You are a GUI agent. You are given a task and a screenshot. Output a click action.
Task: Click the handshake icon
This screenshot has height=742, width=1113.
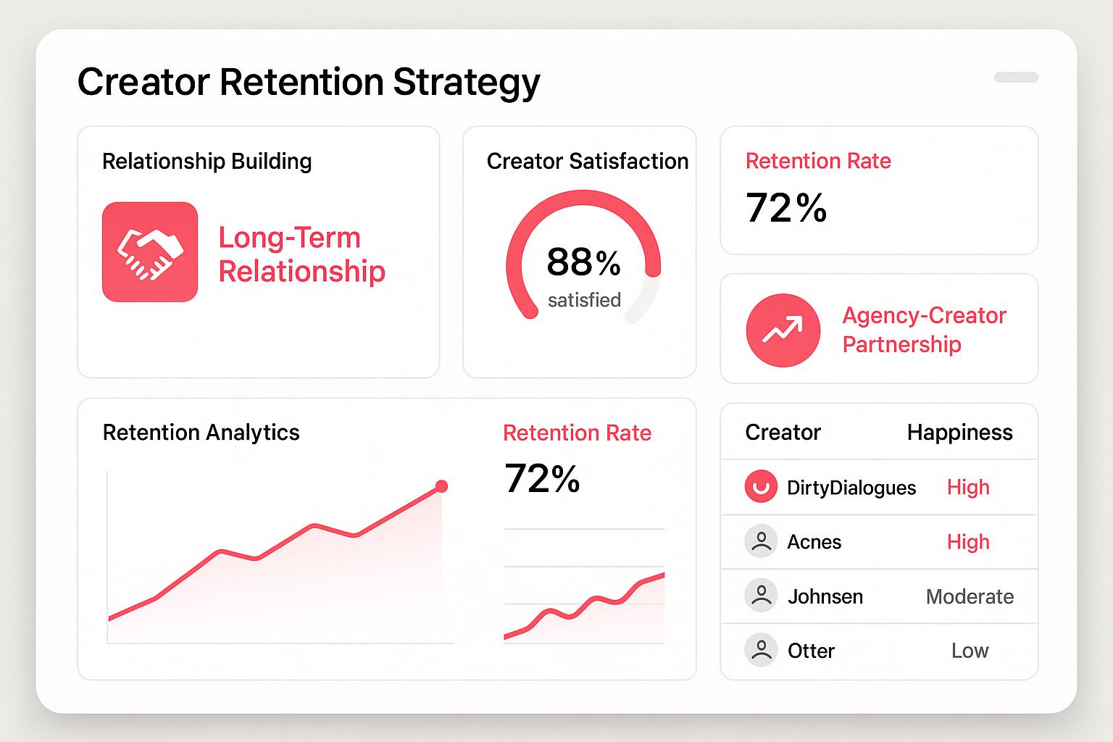(150, 252)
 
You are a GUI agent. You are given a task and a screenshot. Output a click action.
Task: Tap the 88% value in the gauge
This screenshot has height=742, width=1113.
(583, 262)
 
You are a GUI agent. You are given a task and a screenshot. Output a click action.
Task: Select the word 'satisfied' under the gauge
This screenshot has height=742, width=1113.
(584, 300)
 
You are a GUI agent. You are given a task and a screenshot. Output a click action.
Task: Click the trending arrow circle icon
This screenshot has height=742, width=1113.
(783, 330)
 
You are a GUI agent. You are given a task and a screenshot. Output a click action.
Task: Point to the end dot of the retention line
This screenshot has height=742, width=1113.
(441, 486)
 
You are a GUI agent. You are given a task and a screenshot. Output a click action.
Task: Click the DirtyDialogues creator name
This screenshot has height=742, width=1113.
(851, 488)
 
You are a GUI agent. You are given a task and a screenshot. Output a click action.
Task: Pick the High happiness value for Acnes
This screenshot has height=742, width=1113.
(968, 542)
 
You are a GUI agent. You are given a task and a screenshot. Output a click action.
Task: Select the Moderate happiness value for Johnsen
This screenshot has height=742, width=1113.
(970, 596)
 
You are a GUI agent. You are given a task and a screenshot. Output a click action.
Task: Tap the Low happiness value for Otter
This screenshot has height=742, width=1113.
(970, 651)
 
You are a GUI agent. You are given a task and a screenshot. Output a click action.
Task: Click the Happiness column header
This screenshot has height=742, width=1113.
(959, 433)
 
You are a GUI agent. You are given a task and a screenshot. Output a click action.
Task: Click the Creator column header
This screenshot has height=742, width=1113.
(783, 433)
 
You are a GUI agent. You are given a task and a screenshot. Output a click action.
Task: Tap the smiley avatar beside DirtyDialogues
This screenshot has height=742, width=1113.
(761, 486)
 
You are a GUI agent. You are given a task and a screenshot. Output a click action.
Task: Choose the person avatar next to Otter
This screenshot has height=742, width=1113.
(761, 649)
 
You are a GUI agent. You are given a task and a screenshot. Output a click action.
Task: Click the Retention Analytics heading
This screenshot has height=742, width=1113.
(201, 433)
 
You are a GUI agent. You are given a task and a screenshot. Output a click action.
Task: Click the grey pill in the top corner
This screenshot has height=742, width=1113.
(1016, 77)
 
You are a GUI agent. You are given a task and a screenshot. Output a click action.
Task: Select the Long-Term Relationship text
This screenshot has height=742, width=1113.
(301, 254)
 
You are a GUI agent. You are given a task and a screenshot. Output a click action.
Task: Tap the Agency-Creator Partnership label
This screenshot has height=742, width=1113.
(924, 330)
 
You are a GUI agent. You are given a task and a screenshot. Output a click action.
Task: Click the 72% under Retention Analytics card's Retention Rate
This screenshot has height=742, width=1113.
(541, 478)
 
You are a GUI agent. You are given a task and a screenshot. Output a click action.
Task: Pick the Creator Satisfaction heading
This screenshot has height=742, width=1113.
(588, 161)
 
